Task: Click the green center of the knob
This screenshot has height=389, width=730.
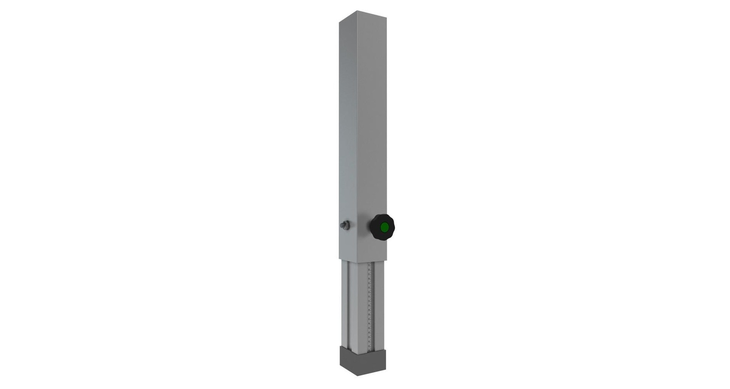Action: pyautogui.click(x=384, y=227)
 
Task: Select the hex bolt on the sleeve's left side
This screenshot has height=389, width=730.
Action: pyautogui.click(x=345, y=225)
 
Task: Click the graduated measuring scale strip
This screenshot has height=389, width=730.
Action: pyautogui.click(x=370, y=304)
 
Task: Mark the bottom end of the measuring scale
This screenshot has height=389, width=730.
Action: pyautogui.click(x=369, y=348)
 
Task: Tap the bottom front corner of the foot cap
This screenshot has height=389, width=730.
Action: pyautogui.click(x=357, y=376)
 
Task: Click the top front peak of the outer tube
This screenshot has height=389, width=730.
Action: pyautogui.click(x=357, y=11)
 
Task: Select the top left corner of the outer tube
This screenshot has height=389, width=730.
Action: pyautogui.click(x=339, y=22)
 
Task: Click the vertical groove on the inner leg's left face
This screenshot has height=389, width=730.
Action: pyautogui.click(x=347, y=304)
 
